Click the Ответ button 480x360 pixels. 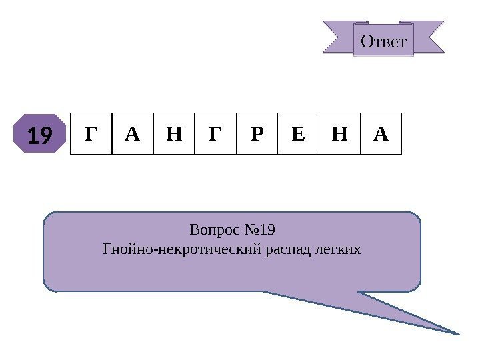pos(383,41)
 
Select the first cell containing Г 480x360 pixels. pos(91,133)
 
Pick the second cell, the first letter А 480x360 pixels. pos(132,133)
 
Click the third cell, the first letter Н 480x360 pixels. pos(173,133)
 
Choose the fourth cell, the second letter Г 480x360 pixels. pos(215,133)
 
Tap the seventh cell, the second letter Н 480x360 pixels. pos(339,133)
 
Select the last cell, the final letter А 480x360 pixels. pos(381,133)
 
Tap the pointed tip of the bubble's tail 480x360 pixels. pos(459,332)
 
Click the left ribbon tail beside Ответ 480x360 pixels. pos(337,37)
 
